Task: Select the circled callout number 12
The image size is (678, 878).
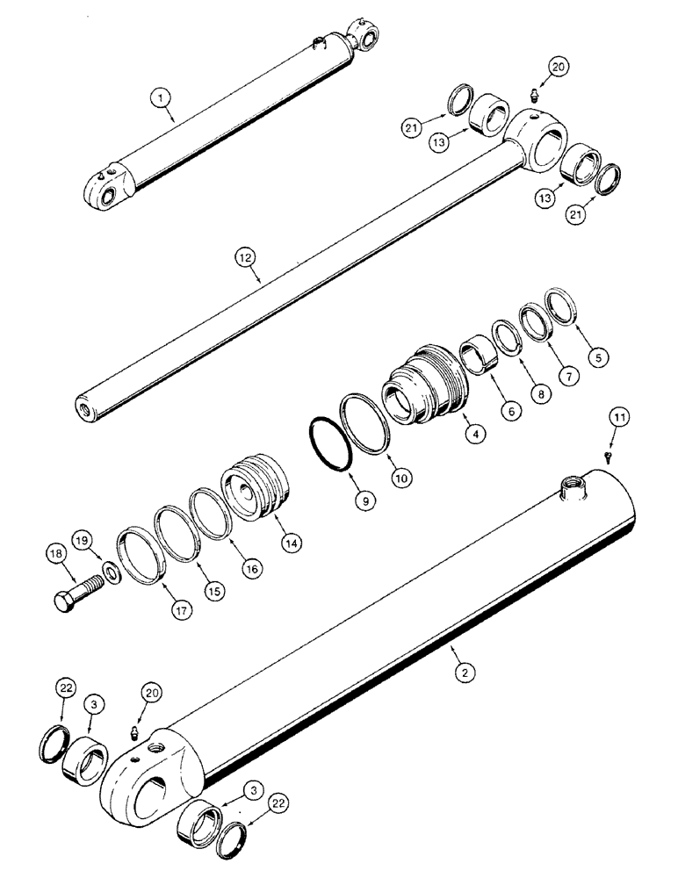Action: (245, 257)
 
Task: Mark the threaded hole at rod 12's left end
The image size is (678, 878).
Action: (87, 409)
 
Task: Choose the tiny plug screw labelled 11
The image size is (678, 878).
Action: (608, 456)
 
